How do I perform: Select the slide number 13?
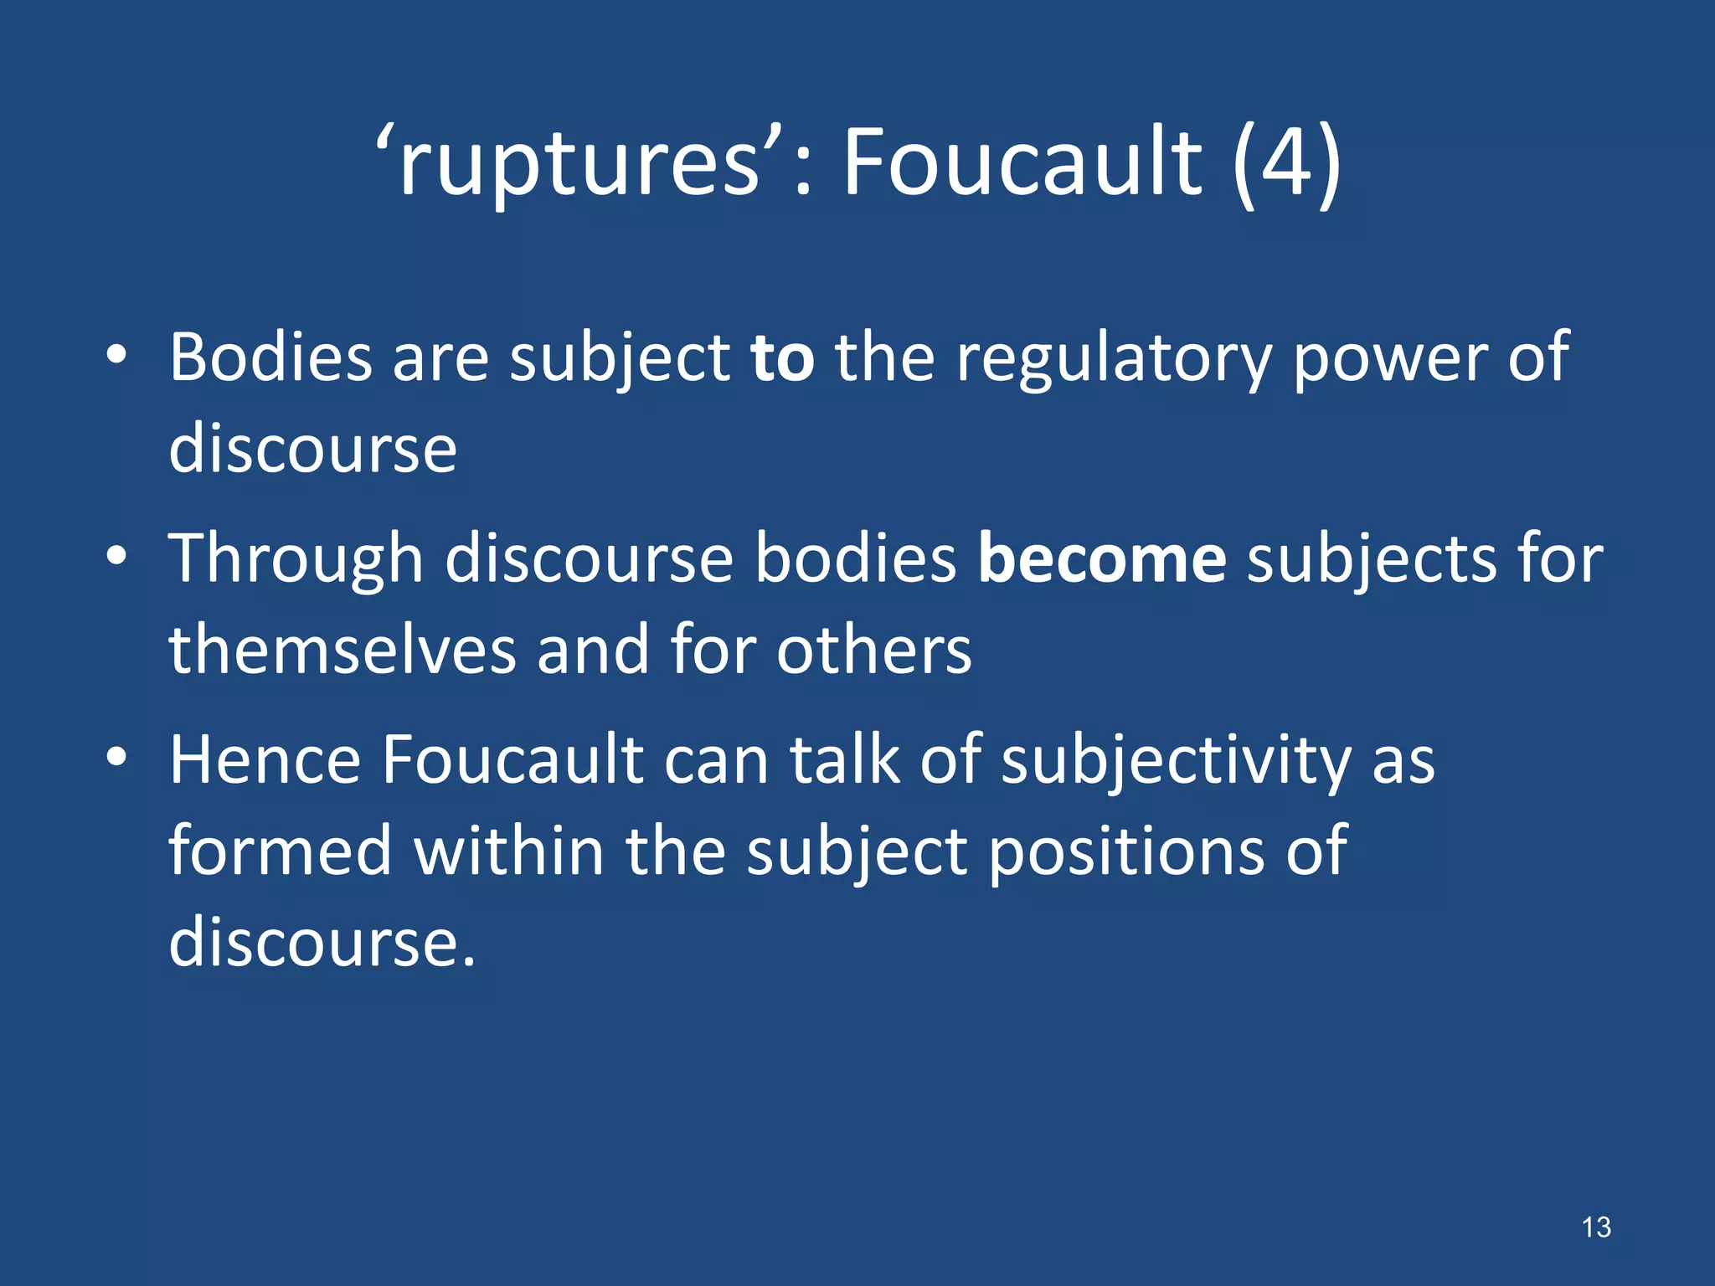pyautogui.click(x=1596, y=1227)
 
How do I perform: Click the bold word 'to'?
pyautogui.click(x=782, y=358)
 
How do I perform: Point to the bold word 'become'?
pyautogui.click(x=1102, y=558)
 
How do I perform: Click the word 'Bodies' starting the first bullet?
pyautogui.click(x=270, y=358)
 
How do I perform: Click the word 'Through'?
pyautogui.click(x=296, y=558)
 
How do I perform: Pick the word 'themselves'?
pyautogui.click(x=342, y=650)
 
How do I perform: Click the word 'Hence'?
pyautogui.click(x=265, y=760)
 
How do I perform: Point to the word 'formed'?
pyautogui.click(x=281, y=851)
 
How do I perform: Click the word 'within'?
pyautogui.click(x=509, y=851)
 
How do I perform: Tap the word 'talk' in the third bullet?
pyautogui.click(x=845, y=760)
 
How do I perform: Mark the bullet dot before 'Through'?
pyautogui.click(x=116, y=556)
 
